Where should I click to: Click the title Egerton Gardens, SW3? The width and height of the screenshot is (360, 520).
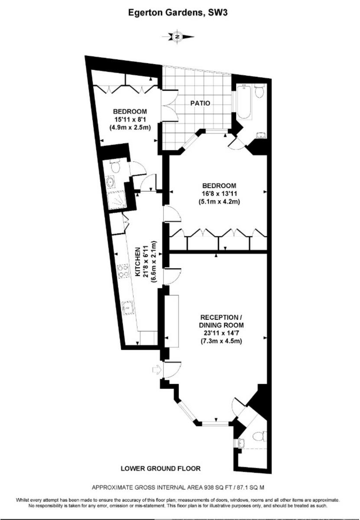(178, 13)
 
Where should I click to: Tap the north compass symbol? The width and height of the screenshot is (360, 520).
(177, 36)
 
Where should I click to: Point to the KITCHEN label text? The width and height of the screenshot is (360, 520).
(138, 263)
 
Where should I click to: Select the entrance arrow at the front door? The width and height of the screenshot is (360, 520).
(155, 370)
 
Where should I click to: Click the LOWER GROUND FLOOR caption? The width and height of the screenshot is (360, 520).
(161, 468)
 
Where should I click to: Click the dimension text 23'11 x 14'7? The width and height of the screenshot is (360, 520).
(221, 333)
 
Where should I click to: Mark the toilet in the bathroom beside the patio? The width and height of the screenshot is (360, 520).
(259, 91)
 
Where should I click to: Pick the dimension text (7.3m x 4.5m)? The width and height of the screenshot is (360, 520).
(221, 341)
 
